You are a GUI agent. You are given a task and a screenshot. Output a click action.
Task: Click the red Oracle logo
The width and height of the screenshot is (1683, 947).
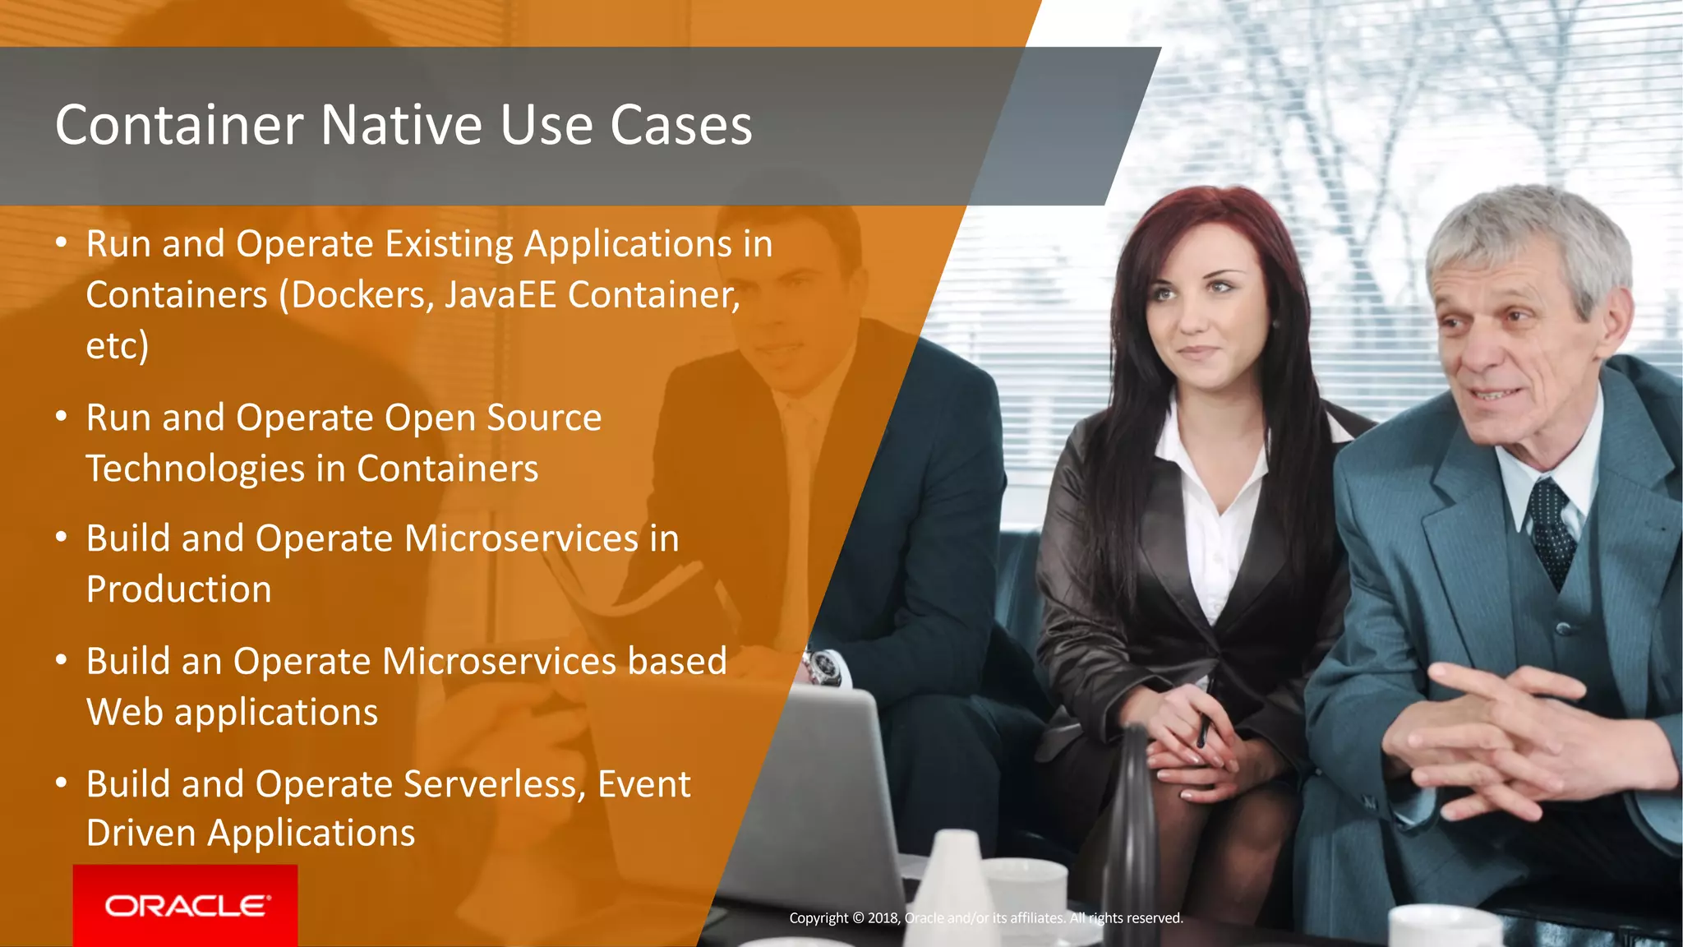pyautogui.click(x=186, y=905)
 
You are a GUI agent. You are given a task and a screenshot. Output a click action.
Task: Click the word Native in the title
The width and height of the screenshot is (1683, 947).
pyautogui.click(x=401, y=126)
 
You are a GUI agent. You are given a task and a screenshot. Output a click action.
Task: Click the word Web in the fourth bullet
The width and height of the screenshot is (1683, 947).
pyautogui.click(x=124, y=712)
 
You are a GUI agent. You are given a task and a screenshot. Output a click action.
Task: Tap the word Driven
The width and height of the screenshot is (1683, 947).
pyautogui.click(x=141, y=834)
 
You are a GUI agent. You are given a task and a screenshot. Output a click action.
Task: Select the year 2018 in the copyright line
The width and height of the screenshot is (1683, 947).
pyautogui.click(x=883, y=918)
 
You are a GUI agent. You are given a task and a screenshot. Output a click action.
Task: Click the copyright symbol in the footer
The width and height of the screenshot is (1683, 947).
pyautogui.click(x=858, y=918)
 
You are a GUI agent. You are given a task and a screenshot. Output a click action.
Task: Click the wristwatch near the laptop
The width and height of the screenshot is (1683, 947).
pyautogui.click(x=824, y=667)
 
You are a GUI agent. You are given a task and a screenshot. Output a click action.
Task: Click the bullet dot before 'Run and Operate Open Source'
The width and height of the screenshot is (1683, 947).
pyautogui.click(x=61, y=418)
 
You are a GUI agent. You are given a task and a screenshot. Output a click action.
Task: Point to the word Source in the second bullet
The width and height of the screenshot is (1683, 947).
pyautogui.click(x=544, y=418)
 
